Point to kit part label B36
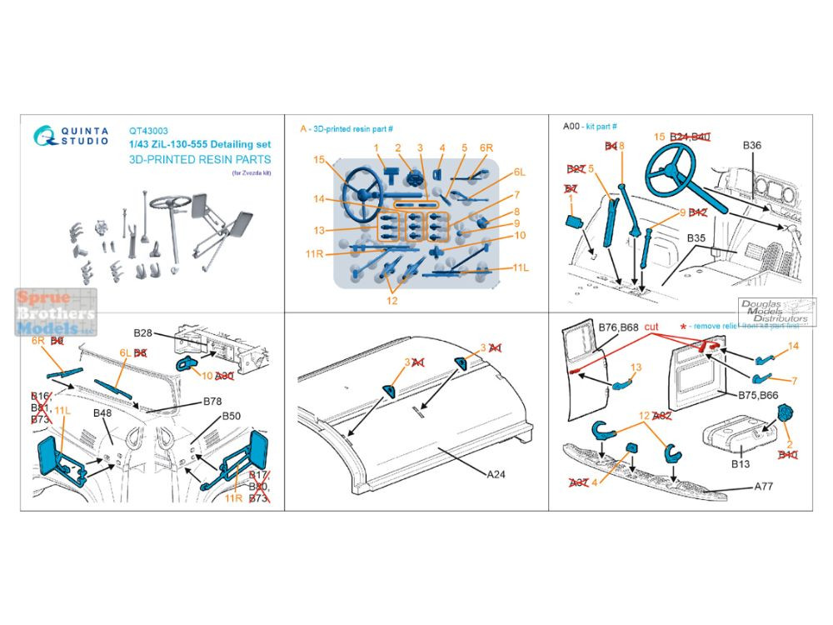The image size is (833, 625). pyautogui.click(x=751, y=144)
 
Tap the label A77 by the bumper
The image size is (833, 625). pyautogui.click(x=766, y=485)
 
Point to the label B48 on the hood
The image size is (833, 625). pyautogui.click(x=102, y=414)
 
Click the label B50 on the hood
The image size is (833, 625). pyautogui.click(x=231, y=416)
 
